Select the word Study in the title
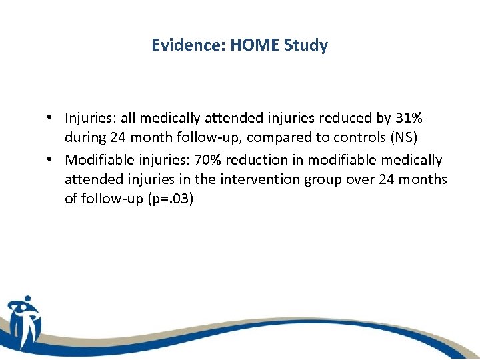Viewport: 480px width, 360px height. click(306, 45)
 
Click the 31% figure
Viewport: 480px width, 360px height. click(409, 118)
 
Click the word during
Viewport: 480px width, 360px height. click(83, 139)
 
